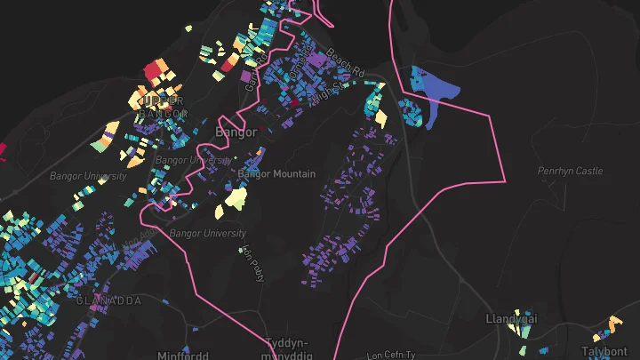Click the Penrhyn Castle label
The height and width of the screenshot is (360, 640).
pos(570,171)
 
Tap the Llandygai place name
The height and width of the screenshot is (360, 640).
pos(512,318)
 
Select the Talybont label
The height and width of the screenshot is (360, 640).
pos(604,351)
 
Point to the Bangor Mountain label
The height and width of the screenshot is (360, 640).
pos(277,173)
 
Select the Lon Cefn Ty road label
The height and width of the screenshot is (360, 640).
pos(391,354)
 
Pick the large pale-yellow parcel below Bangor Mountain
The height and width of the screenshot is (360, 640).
pos(235,196)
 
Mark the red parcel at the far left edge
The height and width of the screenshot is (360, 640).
pos(3,150)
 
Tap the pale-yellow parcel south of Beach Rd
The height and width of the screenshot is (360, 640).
pos(381,117)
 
